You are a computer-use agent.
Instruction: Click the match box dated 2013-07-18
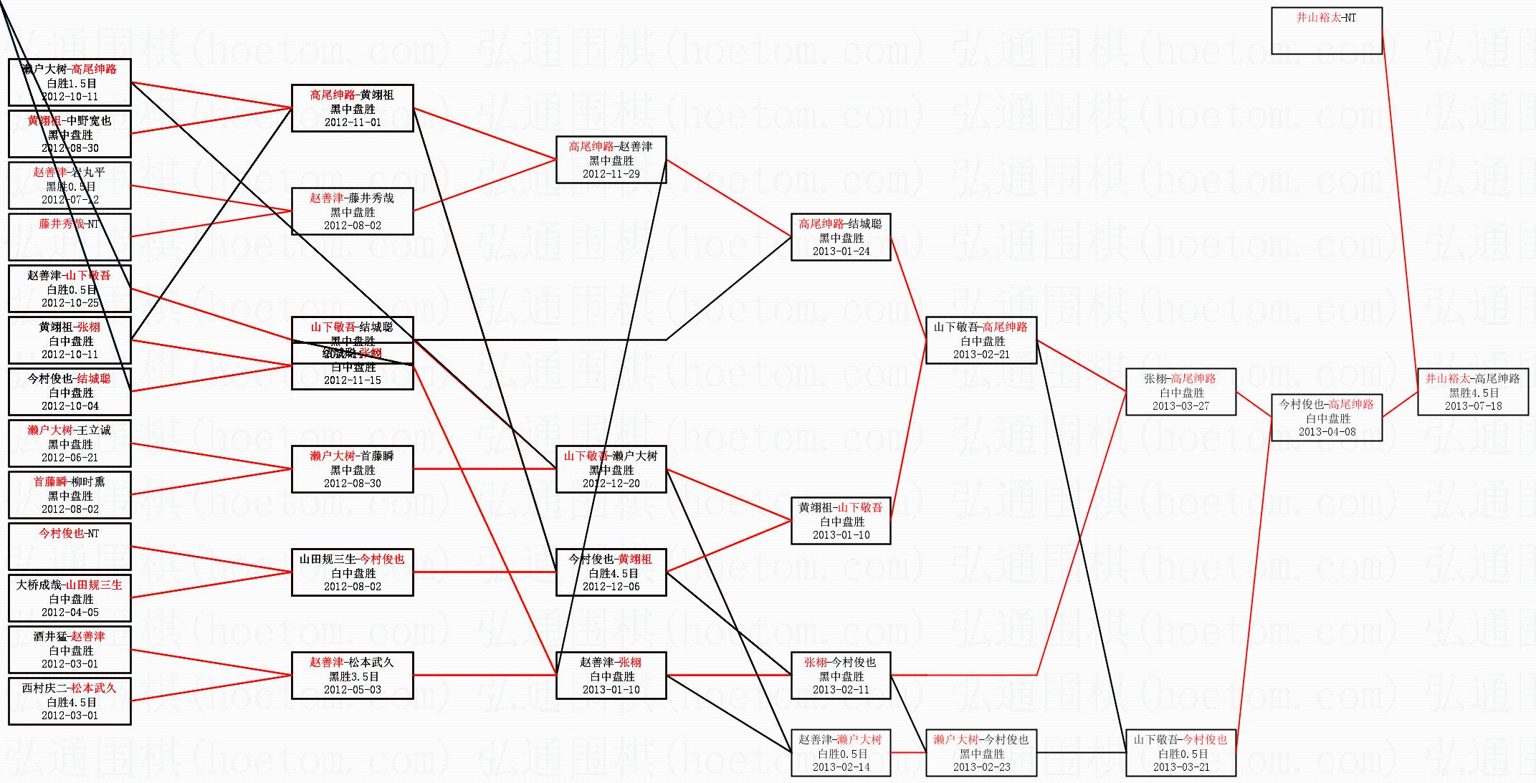pyautogui.click(x=1472, y=392)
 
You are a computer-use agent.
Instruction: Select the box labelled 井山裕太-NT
pyautogui.click(x=1326, y=31)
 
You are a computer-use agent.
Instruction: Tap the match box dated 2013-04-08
pyautogui.click(x=1326, y=418)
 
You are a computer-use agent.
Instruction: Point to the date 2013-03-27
pyautogui.click(x=1180, y=405)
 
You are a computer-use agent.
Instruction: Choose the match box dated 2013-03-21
pyautogui.click(x=1180, y=753)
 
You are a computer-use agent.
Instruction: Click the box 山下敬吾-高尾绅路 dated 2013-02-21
pyautogui.click(x=981, y=340)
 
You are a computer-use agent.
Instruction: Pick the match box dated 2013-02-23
pyautogui.click(x=981, y=753)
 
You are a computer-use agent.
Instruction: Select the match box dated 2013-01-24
pyautogui.click(x=841, y=237)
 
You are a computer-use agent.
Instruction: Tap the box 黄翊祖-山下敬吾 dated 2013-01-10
pyautogui.click(x=841, y=521)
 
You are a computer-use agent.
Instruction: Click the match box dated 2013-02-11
pyautogui.click(x=841, y=676)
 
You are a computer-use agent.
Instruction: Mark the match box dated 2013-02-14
pyautogui.click(x=841, y=753)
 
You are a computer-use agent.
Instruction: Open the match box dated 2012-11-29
pyautogui.click(x=611, y=160)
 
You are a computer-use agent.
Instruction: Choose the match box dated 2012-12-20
pyautogui.click(x=611, y=469)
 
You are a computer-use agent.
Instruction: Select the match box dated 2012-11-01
pyautogui.click(x=352, y=108)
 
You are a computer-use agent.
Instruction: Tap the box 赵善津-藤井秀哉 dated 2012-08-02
pyautogui.click(x=352, y=211)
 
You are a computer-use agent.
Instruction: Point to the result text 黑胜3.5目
pyautogui.click(x=353, y=676)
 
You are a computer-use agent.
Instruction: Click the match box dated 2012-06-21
pyautogui.click(x=70, y=443)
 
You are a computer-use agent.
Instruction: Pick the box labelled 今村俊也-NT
pyautogui.click(x=70, y=547)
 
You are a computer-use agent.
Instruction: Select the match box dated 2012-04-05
pyautogui.click(x=70, y=598)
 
